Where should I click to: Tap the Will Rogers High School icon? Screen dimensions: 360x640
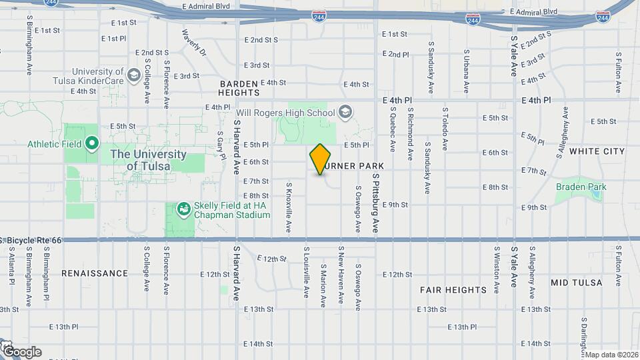(x=345, y=112)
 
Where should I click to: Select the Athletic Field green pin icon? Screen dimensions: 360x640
(x=92, y=143)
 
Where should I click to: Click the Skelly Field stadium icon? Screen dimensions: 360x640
(x=182, y=209)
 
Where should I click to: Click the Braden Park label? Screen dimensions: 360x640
(x=581, y=187)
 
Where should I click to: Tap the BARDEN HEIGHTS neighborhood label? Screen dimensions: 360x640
(x=243, y=89)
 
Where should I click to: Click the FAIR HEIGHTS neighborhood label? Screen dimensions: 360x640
(x=453, y=290)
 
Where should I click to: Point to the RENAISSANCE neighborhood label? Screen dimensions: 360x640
(x=94, y=273)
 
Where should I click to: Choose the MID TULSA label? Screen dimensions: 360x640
(x=576, y=283)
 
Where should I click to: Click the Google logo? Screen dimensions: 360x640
(x=21, y=351)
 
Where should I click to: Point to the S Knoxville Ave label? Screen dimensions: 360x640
(x=289, y=208)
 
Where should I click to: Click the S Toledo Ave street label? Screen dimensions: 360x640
(x=444, y=127)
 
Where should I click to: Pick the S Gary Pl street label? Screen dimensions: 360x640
(x=219, y=141)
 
